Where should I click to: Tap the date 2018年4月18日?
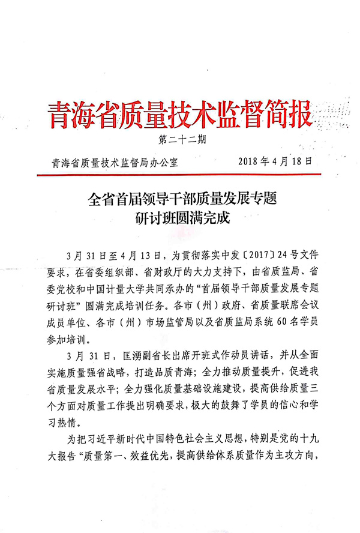pos(275,161)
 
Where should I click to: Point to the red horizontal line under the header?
pos(180,175)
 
